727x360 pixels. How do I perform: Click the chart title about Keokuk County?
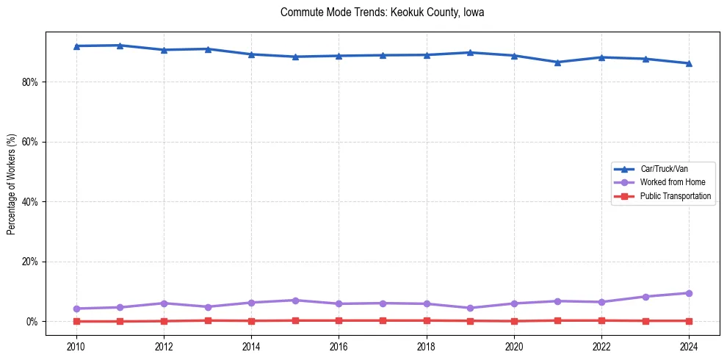coord(382,12)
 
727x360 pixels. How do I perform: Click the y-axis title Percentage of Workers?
coord(11,184)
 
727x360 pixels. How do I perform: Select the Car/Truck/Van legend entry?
coord(664,169)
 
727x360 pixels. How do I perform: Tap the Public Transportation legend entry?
coord(675,196)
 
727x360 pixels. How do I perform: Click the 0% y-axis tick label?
coord(31,322)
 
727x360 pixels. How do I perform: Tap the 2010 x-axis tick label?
coord(76,346)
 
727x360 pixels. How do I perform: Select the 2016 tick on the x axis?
coord(339,346)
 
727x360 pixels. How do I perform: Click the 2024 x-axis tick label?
coord(689,346)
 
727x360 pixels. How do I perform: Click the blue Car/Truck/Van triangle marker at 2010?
coord(76,46)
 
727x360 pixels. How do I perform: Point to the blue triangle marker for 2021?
coord(557,62)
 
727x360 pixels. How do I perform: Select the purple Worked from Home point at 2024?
coord(689,293)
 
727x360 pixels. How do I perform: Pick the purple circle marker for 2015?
coord(295,300)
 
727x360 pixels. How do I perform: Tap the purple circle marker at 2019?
coord(470,308)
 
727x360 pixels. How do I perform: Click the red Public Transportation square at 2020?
coord(514,321)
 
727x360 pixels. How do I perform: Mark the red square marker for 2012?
coord(164,321)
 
